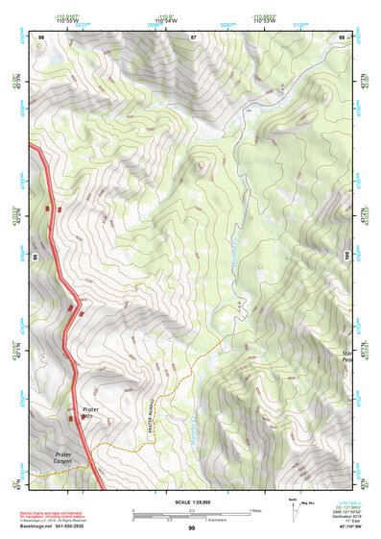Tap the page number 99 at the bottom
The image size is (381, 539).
click(191, 528)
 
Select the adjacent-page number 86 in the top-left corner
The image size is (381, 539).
click(41, 37)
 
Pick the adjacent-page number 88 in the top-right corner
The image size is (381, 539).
click(341, 37)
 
